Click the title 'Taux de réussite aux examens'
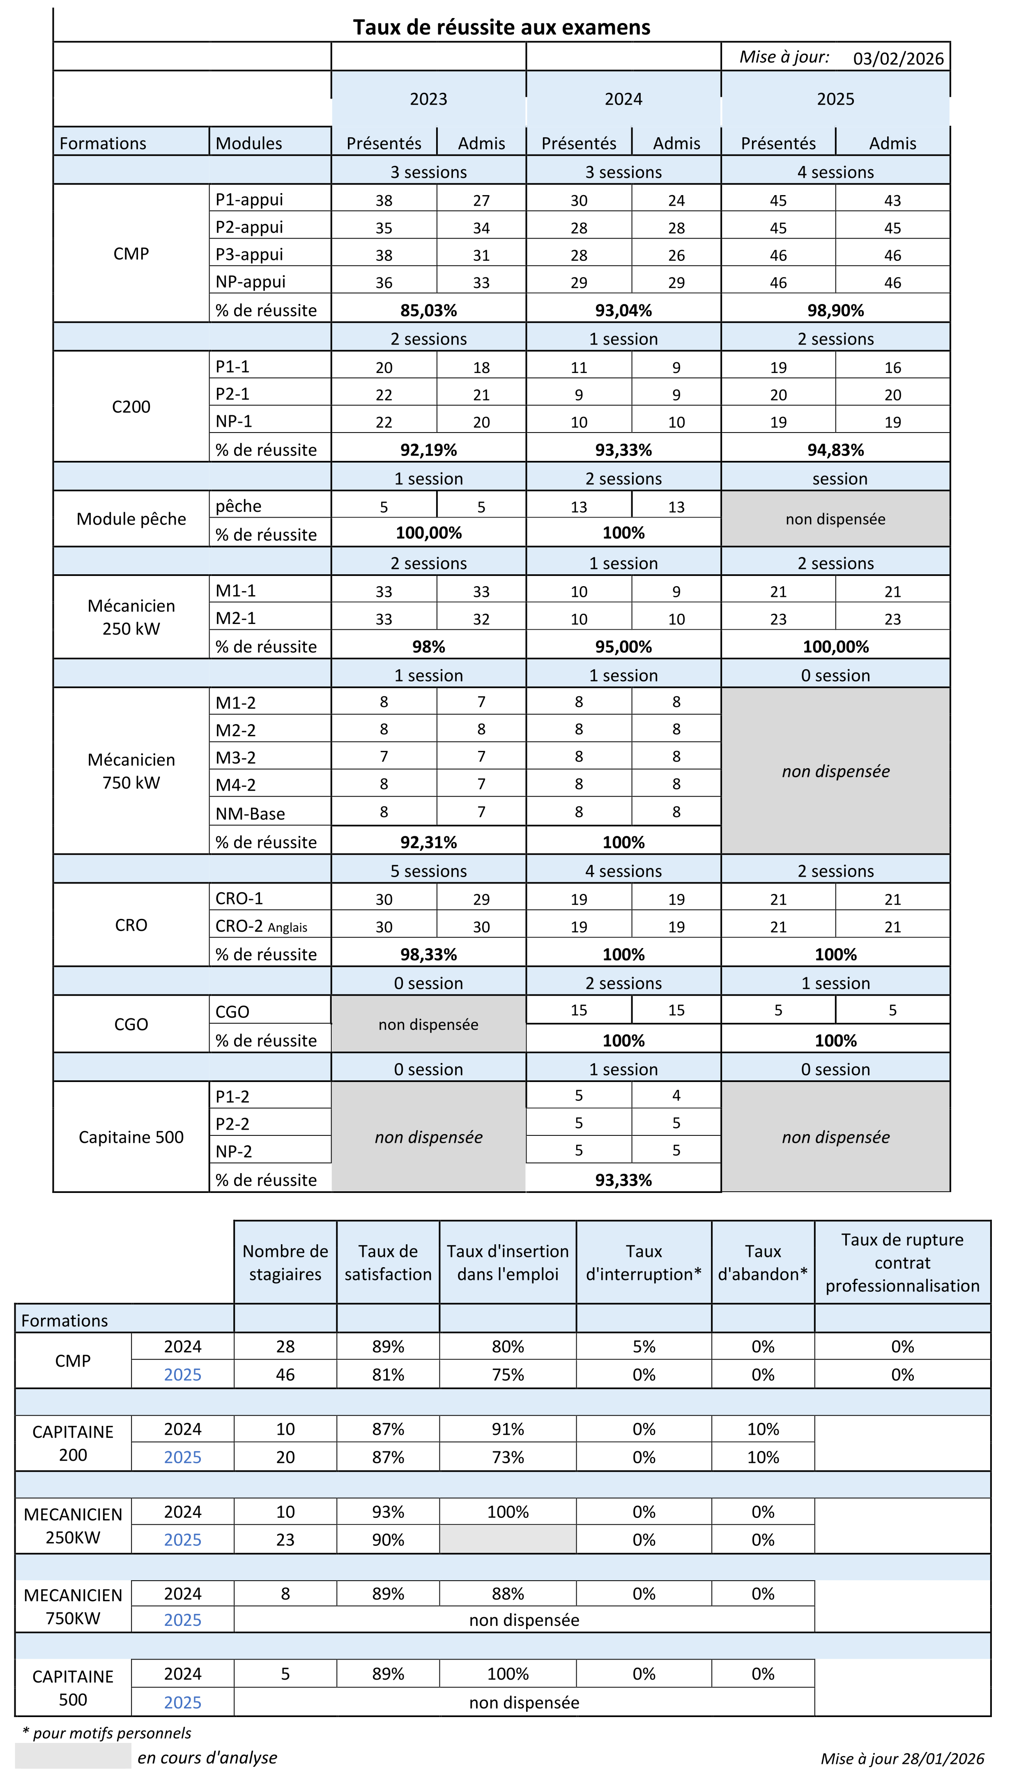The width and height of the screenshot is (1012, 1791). click(x=501, y=27)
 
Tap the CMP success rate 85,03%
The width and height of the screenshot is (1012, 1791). click(x=428, y=310)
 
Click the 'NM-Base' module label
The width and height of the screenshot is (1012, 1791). click(x=250, y=813)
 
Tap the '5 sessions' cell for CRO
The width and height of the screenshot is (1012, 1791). click(x=428, y=871)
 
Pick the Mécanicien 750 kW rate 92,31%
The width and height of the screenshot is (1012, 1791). click(x=428, y=842)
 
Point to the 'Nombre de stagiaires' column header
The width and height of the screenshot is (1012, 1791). click(x=285, y=1263)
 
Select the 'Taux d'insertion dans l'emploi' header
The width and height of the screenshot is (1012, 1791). click(x=507, y=1263)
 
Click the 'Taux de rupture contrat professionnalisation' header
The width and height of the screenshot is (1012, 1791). click(x=902, y=1263)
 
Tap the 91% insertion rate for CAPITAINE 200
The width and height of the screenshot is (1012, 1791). click(x=507, y=1429)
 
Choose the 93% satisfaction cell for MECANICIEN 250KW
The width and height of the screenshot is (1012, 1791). click(x=388, y=1512)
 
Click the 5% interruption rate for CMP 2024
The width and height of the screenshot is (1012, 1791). click(x=644, y=1347)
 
